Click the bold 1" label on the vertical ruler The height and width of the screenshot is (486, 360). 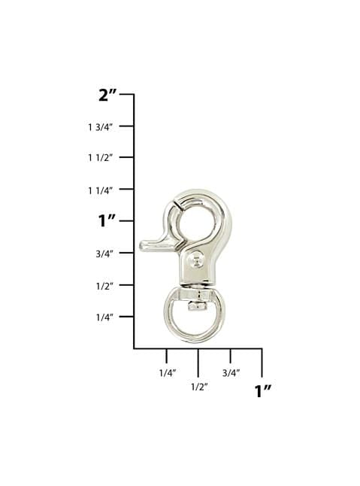tap(109, 220)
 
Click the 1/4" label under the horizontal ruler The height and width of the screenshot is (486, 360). tap(167, 372)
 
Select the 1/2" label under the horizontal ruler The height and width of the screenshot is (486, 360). tap(198, 386)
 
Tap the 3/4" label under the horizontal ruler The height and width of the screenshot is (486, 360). tap(231, 372)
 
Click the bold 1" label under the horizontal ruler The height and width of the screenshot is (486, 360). tap(262, 390)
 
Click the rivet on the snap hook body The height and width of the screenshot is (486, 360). tap(196, 261)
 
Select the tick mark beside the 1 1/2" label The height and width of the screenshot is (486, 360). tap(127, 157)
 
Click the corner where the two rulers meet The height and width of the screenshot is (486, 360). tap(134, 348)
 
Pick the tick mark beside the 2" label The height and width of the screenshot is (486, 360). tap(127, 95)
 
